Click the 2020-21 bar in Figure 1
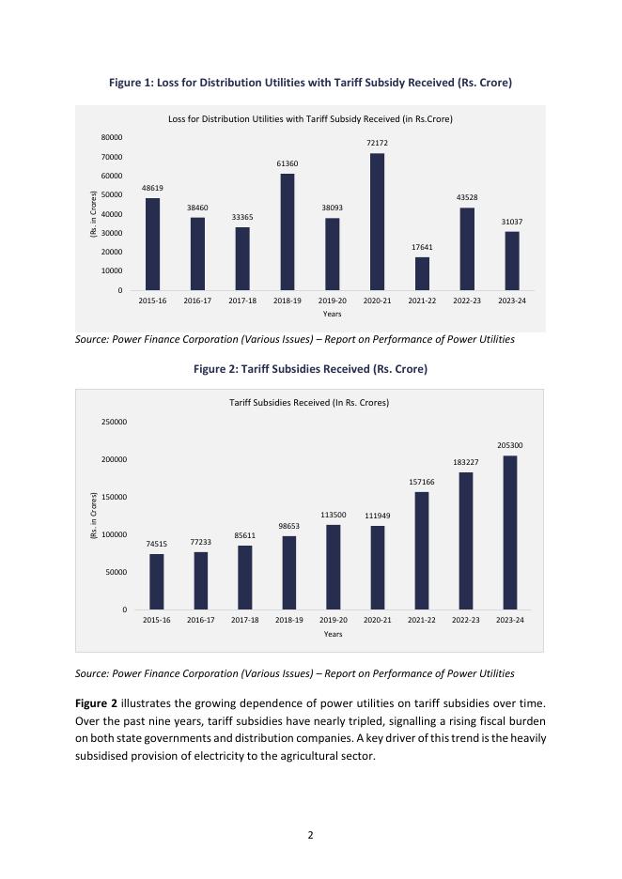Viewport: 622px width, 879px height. (x=377, y=222)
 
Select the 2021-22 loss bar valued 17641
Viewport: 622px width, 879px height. (x=422, y=273)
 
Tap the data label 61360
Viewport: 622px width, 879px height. (x=287, y=163)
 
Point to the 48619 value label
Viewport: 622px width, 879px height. (x=152, y=188)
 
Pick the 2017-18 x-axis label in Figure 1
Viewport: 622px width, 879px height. (x=242, y=301)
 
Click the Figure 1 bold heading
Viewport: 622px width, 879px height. (x=310, y=84)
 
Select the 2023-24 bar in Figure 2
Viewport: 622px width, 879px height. (x=510, y=532)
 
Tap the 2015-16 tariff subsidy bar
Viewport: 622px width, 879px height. (x=156, y=581)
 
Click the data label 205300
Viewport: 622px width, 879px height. (x=510, y=445)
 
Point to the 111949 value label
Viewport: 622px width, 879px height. (x=377, y=516)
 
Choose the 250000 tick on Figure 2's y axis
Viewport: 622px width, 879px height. (x=115, y=422)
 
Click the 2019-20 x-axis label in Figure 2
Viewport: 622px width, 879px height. (x=333, y=621)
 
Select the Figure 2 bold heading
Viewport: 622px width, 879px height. (x=310, y=369)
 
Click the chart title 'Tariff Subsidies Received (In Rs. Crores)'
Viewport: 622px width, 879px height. (x=309, y=403)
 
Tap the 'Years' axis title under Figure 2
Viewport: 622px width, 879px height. (x=333, y=634)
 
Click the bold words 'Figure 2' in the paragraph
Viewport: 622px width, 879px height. (x=98, y=703)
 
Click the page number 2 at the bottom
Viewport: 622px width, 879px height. (x=310, y=833)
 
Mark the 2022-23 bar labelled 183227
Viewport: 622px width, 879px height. (x=465, y=541)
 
